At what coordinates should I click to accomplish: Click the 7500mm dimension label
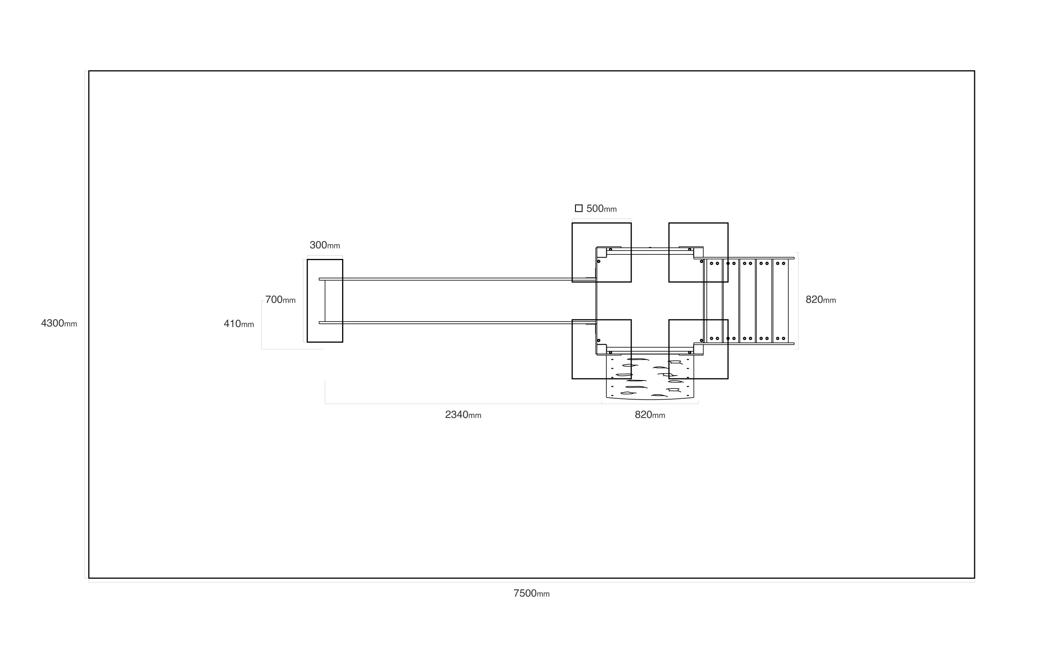pyautogui.click(x=531, y=593)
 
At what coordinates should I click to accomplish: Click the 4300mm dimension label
pyautogui.click(x=59, y=323)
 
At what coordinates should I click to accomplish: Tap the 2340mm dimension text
pyautogui.click(x=463, y=415)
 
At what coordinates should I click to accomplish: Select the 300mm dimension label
pyautogui.click(x=325, y=245)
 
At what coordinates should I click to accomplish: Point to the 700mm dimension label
pyautogui.click(x=280, y=299)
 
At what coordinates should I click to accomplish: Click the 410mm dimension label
pyautogui.click(x=239, y=323)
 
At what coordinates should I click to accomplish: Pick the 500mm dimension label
pyautogui.click(x=601, y=209)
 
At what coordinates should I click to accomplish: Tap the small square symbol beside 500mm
pyautogui.click(x=578, y=209)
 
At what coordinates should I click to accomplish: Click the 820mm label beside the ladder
pyautogui.click(x=820, y=300)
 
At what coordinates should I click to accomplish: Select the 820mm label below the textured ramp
pyautogui.click(x=650, y=415)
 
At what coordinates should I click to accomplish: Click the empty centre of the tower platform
pyautogui.click(x=650, y=301)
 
